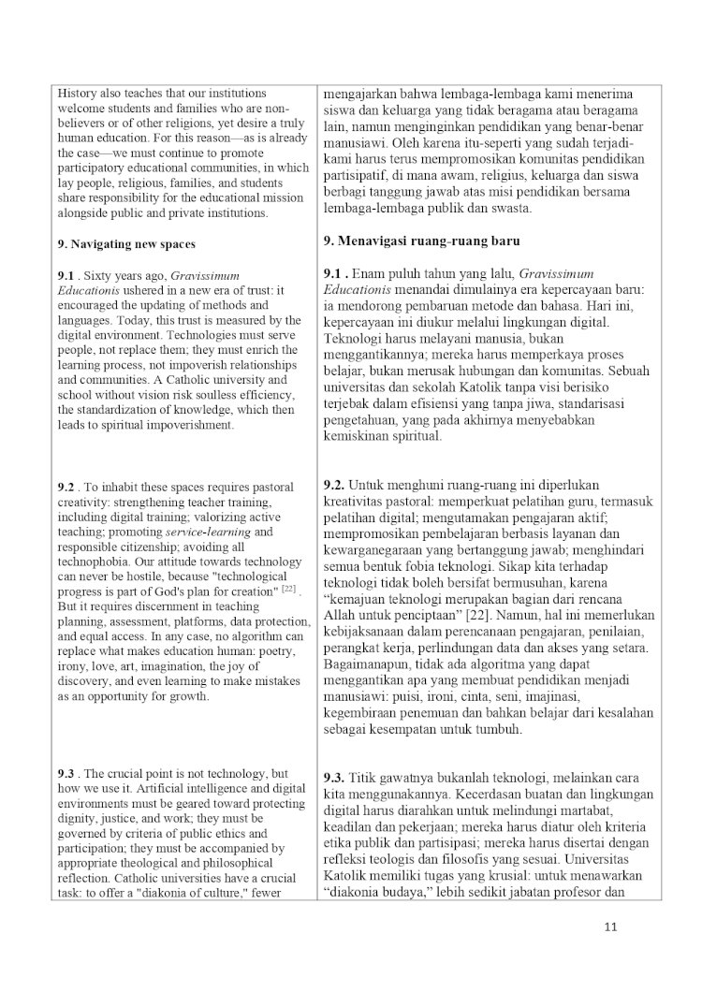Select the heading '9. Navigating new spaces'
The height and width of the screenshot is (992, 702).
coord(126,245)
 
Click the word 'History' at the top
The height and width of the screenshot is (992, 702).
coord(78,94)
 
